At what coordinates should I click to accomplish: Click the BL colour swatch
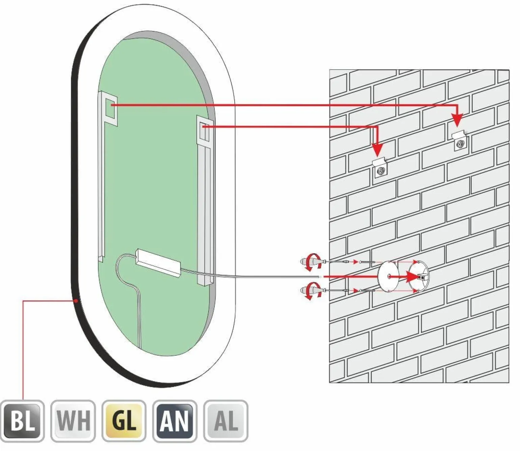click(x=23, y=421)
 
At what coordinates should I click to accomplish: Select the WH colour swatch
click(x=73, y=421)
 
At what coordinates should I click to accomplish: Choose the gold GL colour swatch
click(x=124, y=421)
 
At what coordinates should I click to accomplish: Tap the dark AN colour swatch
click(x=175, y=421)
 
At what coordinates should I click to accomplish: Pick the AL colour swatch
click(x=226, y=421)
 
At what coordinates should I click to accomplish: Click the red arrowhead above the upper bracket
click(x=457, y=120)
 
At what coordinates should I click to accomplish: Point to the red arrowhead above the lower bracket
click(x=378, y=149)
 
